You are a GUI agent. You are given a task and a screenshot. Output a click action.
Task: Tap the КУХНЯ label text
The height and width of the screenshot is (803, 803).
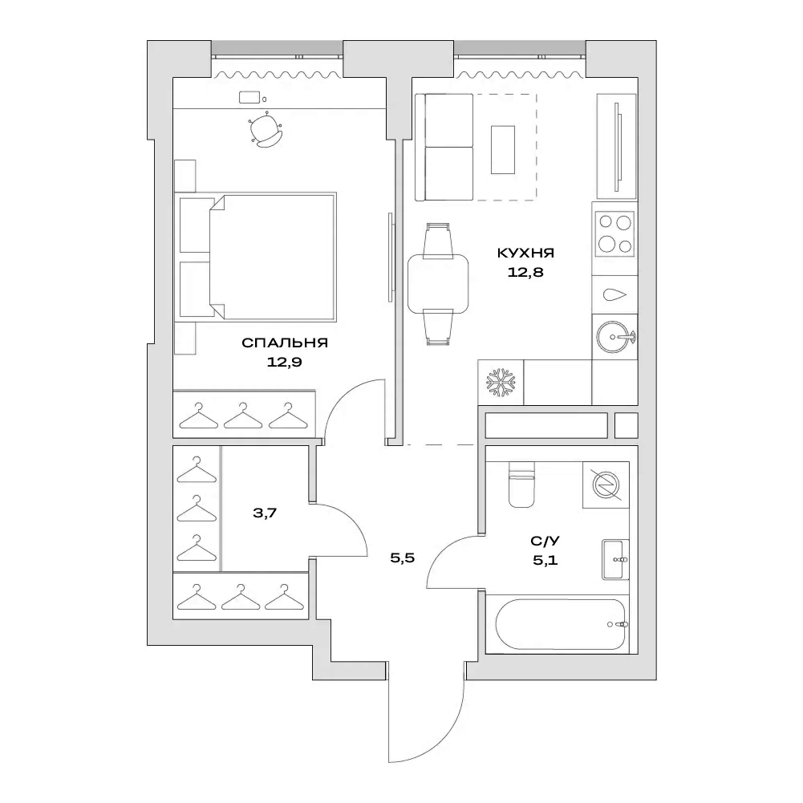pyautogui.click(x=525, y=253)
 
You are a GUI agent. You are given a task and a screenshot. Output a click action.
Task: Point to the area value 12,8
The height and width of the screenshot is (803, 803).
pyautogui.click(x=525, y=272)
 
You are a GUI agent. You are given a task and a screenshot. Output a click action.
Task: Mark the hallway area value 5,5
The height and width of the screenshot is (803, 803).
pyautogui.click(x=402, y=559)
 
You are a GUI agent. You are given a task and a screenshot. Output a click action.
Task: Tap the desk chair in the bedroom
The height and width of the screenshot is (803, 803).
pyautogui.click(x=266, y=132)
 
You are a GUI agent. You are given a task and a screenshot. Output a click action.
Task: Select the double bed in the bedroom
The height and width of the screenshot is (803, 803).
pyautogui.click(x=269, y=255)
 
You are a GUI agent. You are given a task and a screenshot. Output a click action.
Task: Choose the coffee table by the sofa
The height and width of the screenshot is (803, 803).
pyautogui.click(x=503, y=149)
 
